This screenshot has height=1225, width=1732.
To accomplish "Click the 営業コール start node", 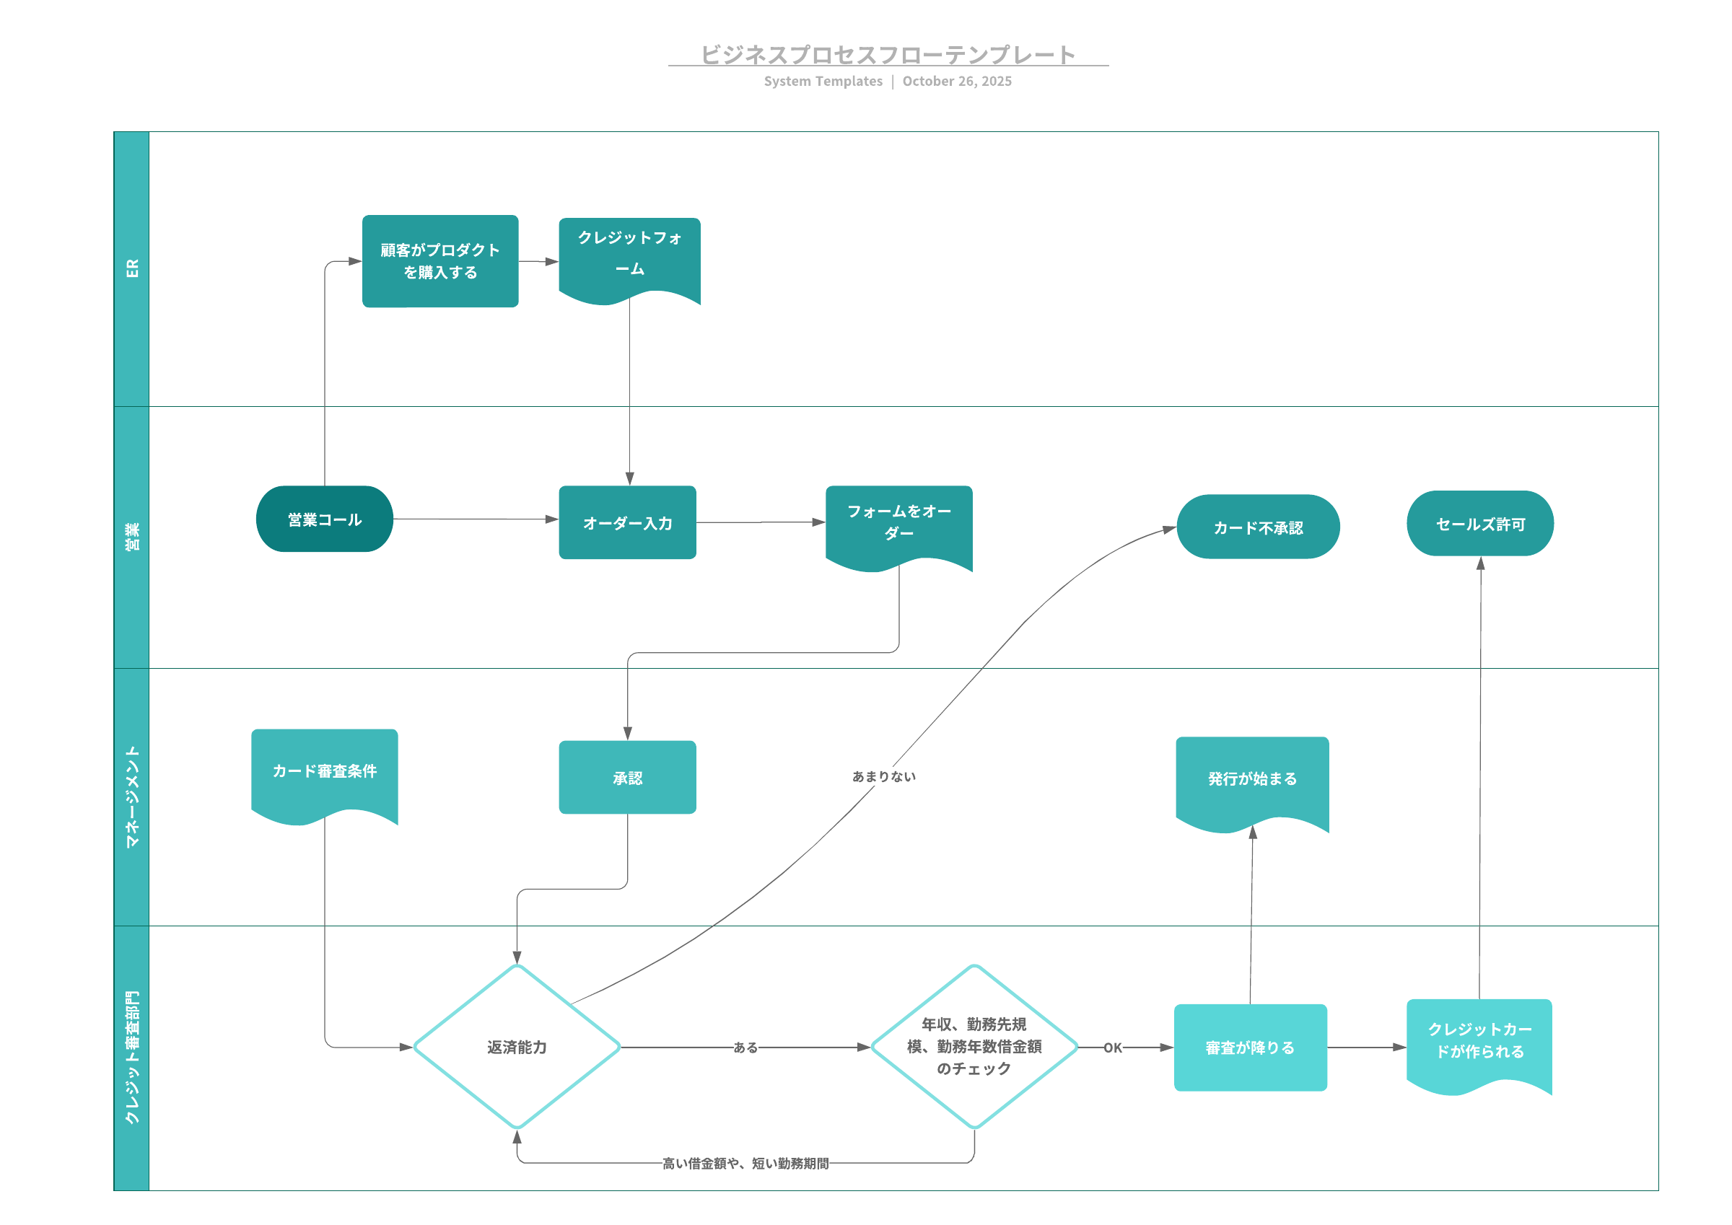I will point(324,519).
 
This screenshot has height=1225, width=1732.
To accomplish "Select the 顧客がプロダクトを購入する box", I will point(439,261).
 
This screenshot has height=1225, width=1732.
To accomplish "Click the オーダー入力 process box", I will point(627,522).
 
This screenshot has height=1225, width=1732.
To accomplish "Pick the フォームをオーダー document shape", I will point(898,523).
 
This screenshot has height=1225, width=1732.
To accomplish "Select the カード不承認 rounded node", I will point(1258,527).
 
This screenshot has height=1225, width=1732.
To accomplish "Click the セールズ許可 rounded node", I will point(1479,524).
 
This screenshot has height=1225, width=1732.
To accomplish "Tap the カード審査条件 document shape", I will point(324,772).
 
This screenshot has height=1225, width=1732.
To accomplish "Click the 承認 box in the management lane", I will point(627,778).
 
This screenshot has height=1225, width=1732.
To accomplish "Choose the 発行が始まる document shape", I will point(1251,779).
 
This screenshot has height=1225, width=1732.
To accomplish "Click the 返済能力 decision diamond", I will point(517,1047).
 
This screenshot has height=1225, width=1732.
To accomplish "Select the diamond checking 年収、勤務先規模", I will point(974,1047).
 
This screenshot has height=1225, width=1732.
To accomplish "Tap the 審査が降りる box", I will point(1250,1048).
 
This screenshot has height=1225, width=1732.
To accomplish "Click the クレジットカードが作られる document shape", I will point(1479,1041).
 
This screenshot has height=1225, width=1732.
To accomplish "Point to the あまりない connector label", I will point(883,776).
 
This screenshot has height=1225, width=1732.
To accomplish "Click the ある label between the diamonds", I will point(745,1048).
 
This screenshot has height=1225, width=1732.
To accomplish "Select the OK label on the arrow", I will point(1113,1048).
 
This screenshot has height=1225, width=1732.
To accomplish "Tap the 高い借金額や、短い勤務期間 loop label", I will point(745,1164).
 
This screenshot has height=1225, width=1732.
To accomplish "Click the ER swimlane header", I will point(132,268).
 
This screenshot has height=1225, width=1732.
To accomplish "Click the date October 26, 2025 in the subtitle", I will point(956,82).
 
